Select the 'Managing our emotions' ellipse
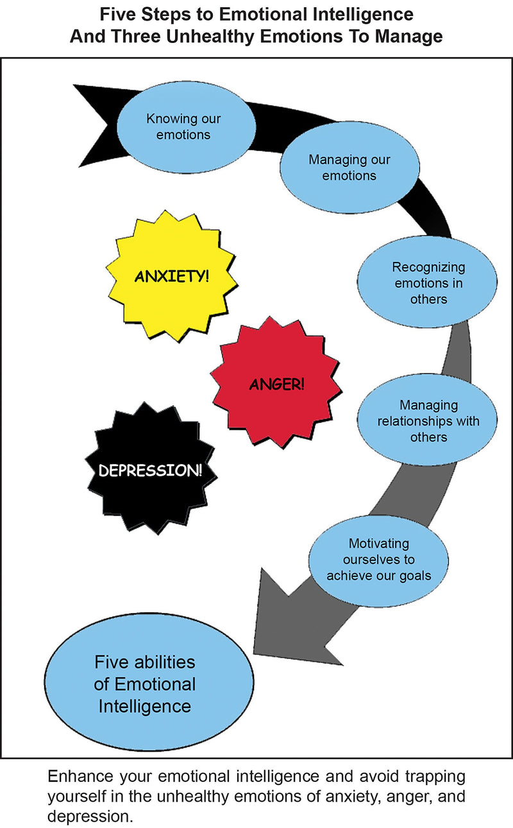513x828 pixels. (x=349, y=167)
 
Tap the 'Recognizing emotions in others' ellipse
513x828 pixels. (x=428, y=282)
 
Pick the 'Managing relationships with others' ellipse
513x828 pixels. (x=428, y=421)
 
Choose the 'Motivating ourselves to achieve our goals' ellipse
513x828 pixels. (x=378, y=558)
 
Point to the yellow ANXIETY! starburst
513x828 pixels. (x=171, y=277)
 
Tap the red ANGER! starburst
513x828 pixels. (x=276, y=384)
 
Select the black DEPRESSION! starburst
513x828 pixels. (x=150, y=470)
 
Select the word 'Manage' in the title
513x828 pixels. (x=410, y=36)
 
